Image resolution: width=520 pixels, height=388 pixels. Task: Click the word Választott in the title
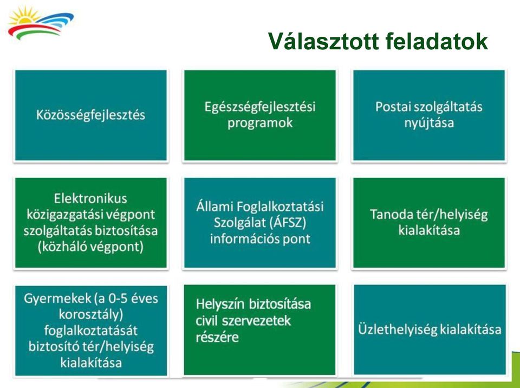323,41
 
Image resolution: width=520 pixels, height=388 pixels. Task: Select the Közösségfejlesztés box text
90,115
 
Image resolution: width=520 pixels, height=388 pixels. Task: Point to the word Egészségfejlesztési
260,107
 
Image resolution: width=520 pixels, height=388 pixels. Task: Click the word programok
260,123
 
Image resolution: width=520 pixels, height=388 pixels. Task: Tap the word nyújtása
429,123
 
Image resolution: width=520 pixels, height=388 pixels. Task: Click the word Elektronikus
90,198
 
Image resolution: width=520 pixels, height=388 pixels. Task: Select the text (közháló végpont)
90,247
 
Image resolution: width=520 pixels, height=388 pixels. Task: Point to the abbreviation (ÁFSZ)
283,222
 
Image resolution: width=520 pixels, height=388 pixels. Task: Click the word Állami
214,206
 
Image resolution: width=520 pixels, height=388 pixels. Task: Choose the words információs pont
260,238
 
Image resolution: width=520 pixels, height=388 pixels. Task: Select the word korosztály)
91,314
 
